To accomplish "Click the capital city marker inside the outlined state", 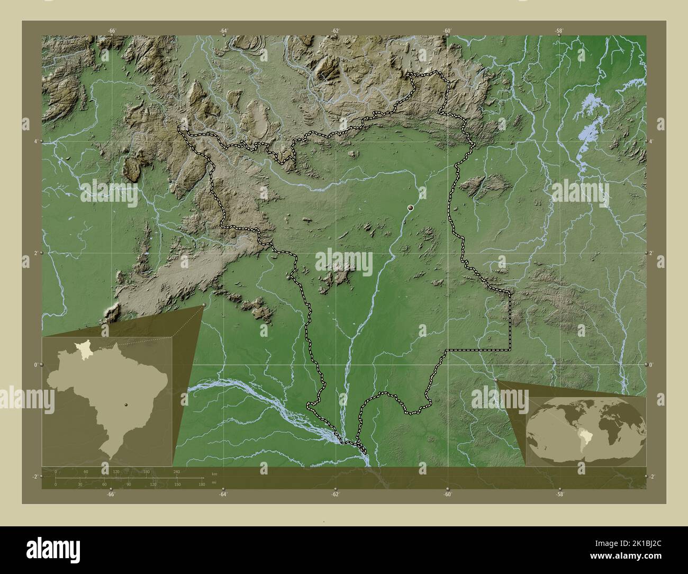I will coord(410,209).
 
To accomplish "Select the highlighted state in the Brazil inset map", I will coord(83,348).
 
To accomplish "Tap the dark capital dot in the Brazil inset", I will coord(125,404).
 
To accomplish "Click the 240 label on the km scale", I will coord(176,471).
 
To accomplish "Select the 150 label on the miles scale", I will coord(177,484).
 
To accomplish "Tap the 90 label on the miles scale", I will coord(129,484).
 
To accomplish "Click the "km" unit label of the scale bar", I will coord(214,473).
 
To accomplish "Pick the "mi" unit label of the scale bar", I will coord(213,483).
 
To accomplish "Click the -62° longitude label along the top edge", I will coord(335,31).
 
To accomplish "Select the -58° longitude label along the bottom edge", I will coord(559,495).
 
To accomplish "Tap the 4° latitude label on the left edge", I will coord(35,141).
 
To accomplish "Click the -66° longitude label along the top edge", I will coord(111,31).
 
